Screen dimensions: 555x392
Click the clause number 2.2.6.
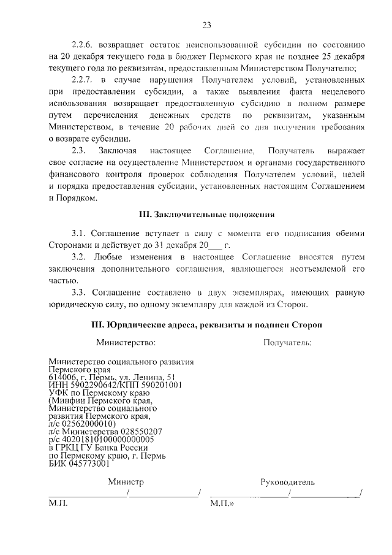click(x=85, y=45)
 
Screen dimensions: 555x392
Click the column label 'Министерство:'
click(x=126, y=342)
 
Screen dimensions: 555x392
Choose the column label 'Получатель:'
click(x=287, y=342)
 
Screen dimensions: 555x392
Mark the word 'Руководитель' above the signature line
click(x=287, y=482)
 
